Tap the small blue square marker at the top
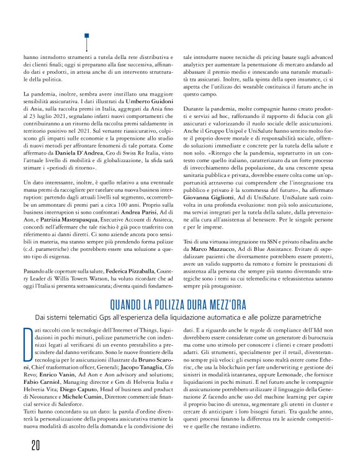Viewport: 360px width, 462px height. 87,36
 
